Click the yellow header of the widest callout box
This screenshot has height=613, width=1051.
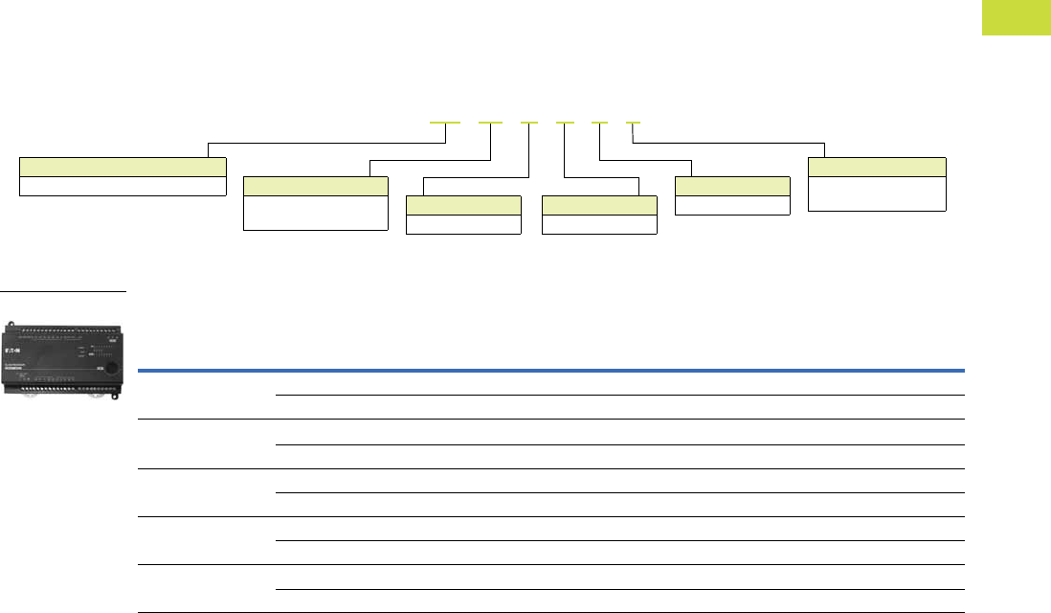click(x=123, y=166)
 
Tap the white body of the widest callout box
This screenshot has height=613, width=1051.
click(x=123, y=186)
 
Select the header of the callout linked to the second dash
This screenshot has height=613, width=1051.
click(x=316, y=186)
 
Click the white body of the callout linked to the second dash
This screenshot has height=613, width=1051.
click(x=316, y=213)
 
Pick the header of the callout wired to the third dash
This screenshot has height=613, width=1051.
click(x=463, y=205)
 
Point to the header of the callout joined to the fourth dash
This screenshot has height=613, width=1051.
click(x=599, y=205)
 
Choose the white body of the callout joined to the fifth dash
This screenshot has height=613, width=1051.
click(x=732, y=205)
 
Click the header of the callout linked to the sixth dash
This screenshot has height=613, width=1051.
click(x=877, y=167)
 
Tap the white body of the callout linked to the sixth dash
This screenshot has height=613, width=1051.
click(x=877, y=193)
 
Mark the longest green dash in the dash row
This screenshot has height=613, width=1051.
click(x=445, y=124)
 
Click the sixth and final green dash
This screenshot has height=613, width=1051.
click(x=634, y=124)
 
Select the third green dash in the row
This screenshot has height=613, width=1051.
click(x=529, y=124)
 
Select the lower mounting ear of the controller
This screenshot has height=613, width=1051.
click(x=116, y=393)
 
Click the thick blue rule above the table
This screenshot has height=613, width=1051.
click(x=551, y=370)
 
